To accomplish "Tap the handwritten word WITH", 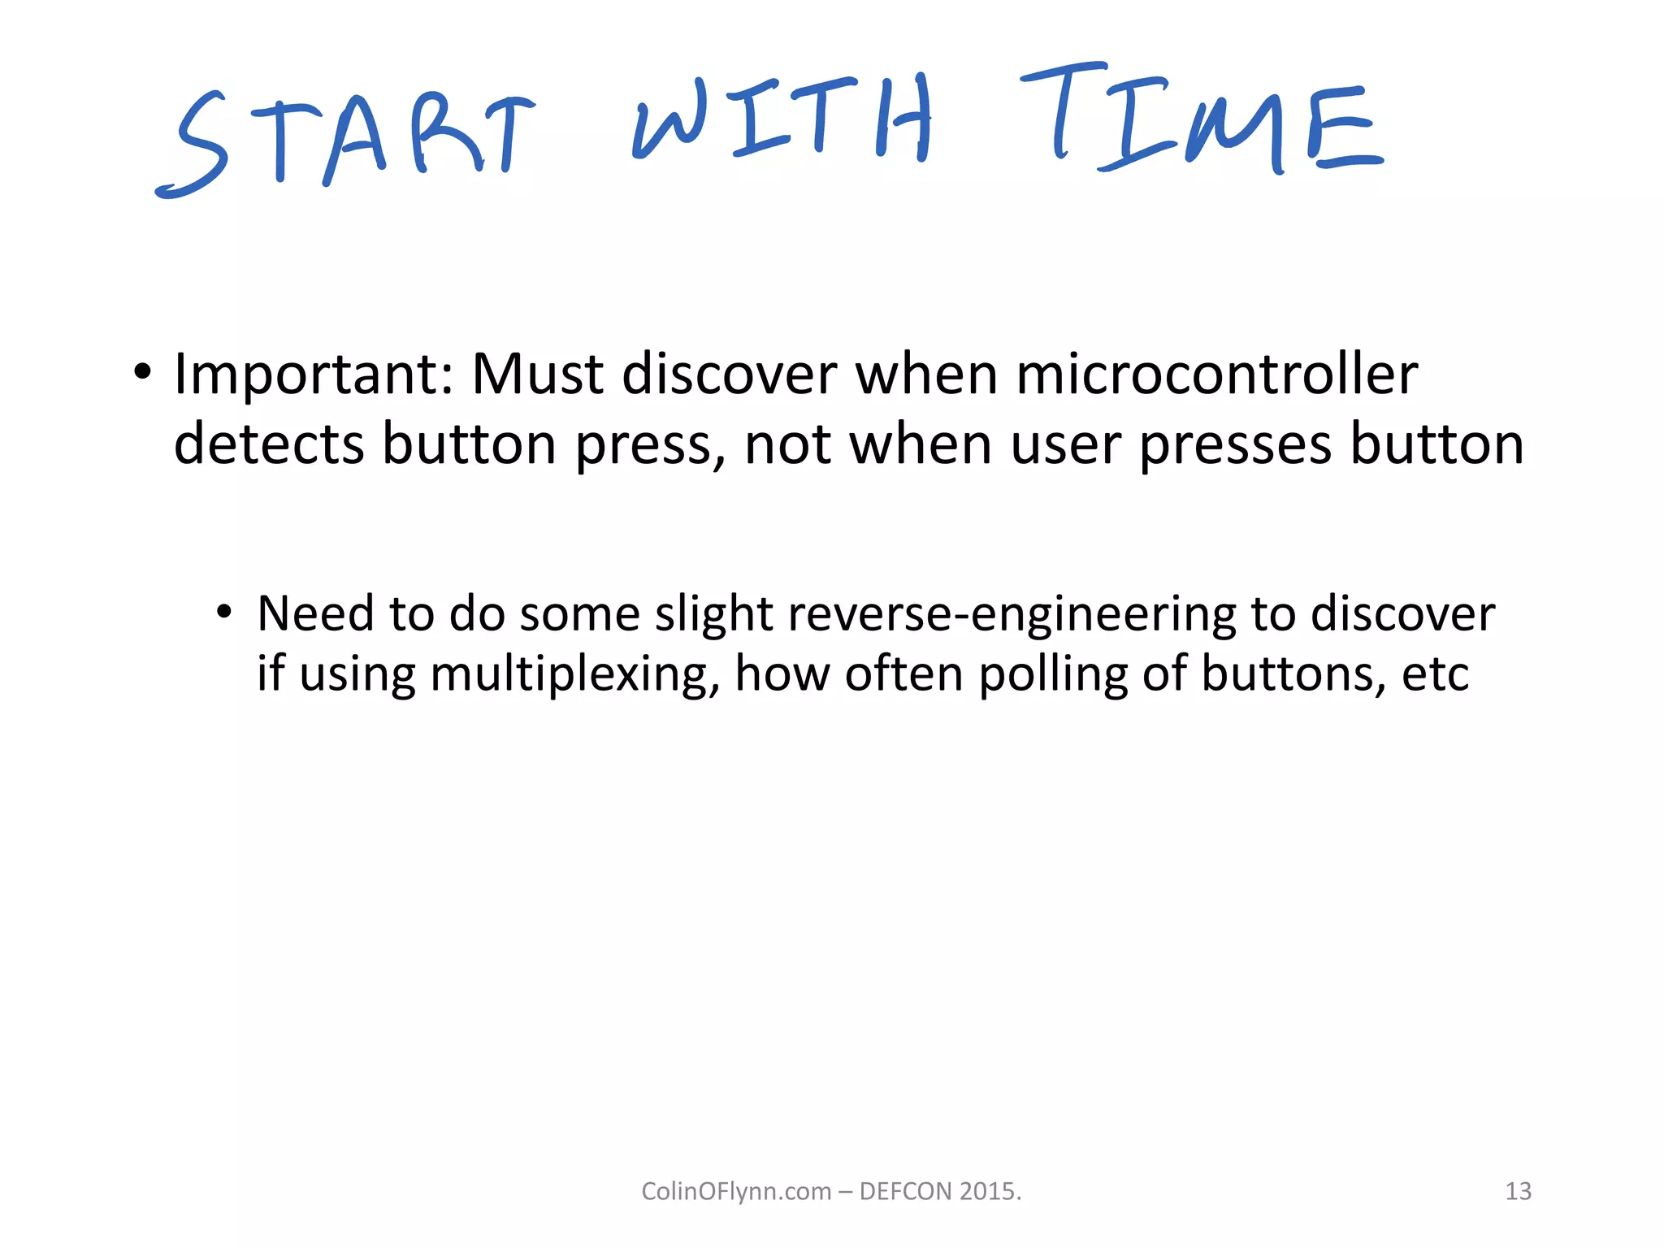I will tap(782, 118).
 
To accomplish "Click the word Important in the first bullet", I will tap(314, 375).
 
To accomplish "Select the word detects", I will tap(269, 444).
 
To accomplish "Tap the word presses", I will tap(1235, 446).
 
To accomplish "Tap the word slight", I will tap(713, 613).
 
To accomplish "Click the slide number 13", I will tap(1518, 1191).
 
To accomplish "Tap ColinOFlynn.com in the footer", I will tap(736, 1191).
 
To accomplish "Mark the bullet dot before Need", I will tap(224, 612).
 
